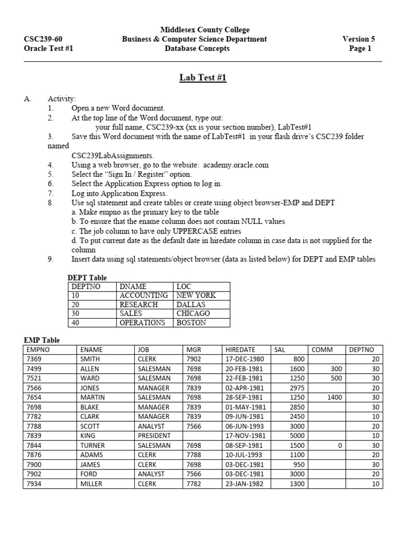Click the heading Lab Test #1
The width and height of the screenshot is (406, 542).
[x=203, y=78]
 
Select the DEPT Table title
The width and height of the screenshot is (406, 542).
[x=87, y=277]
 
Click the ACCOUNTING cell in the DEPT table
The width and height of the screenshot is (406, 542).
[x=143, y=295]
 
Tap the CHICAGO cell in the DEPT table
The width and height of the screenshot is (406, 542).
[x=193, y=313]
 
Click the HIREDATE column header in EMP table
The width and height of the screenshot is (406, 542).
[x=240, y=350]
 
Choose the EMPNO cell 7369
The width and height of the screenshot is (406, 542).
[x=34, y=359]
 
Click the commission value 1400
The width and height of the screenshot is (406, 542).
[x=335, y=398]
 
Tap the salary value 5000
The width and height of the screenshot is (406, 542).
[x=298, y=436]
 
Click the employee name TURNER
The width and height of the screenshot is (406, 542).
[x=92, y=445]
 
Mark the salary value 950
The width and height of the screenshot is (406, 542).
[x=300, y=464]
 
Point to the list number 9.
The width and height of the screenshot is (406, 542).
[x=50, y=259]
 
